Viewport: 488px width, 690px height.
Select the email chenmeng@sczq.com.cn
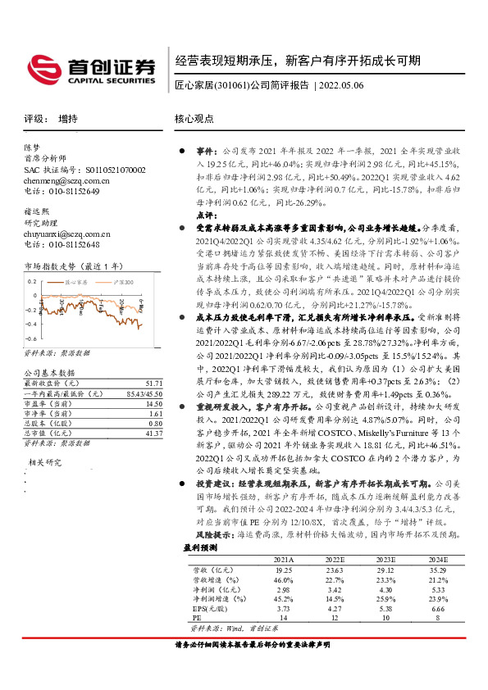[62, 179]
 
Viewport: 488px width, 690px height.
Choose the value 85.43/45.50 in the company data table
[145, 370]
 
